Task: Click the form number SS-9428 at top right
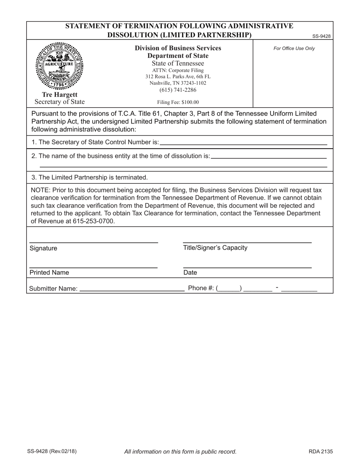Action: (321, 36)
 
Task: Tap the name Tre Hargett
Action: (59, 94)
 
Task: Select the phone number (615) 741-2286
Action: (178, 90)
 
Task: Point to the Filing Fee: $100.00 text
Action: (178, 102)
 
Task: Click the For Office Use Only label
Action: (294, 48)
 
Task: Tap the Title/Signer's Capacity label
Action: (215, 248)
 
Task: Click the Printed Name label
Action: (49, 272)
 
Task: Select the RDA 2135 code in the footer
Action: (321, 451)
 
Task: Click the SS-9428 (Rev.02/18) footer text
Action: (52, 451)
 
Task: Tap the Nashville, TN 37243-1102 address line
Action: (178, 83)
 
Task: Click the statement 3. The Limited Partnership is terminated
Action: (90, 177)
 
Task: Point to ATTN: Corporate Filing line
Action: (178, 70)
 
